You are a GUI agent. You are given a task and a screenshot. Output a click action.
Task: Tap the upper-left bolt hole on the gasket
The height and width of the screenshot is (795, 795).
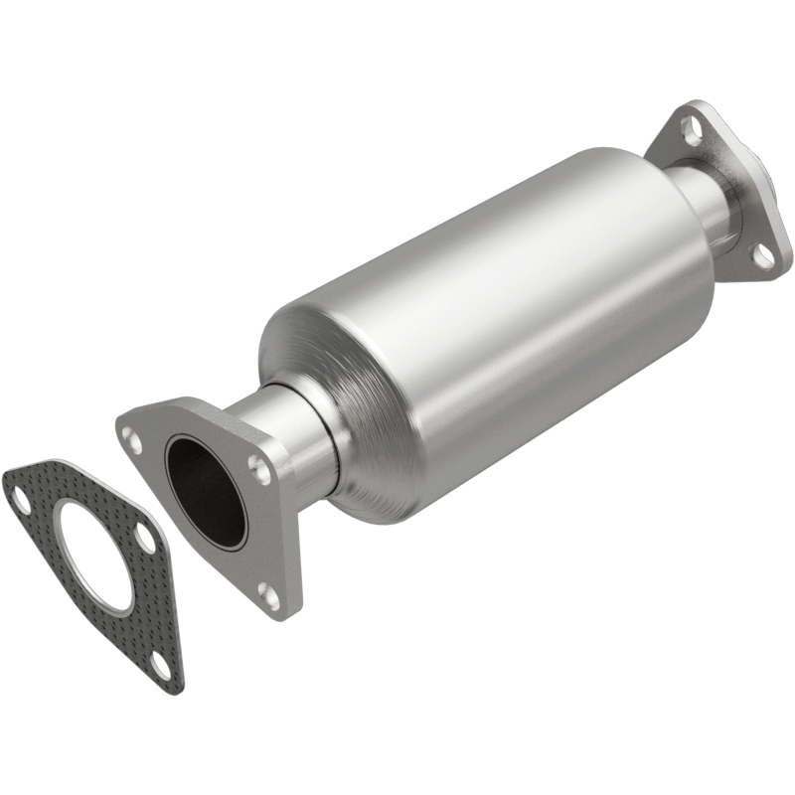point(19,500)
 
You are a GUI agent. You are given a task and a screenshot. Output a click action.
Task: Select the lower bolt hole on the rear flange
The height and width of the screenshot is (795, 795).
point(763,254)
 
